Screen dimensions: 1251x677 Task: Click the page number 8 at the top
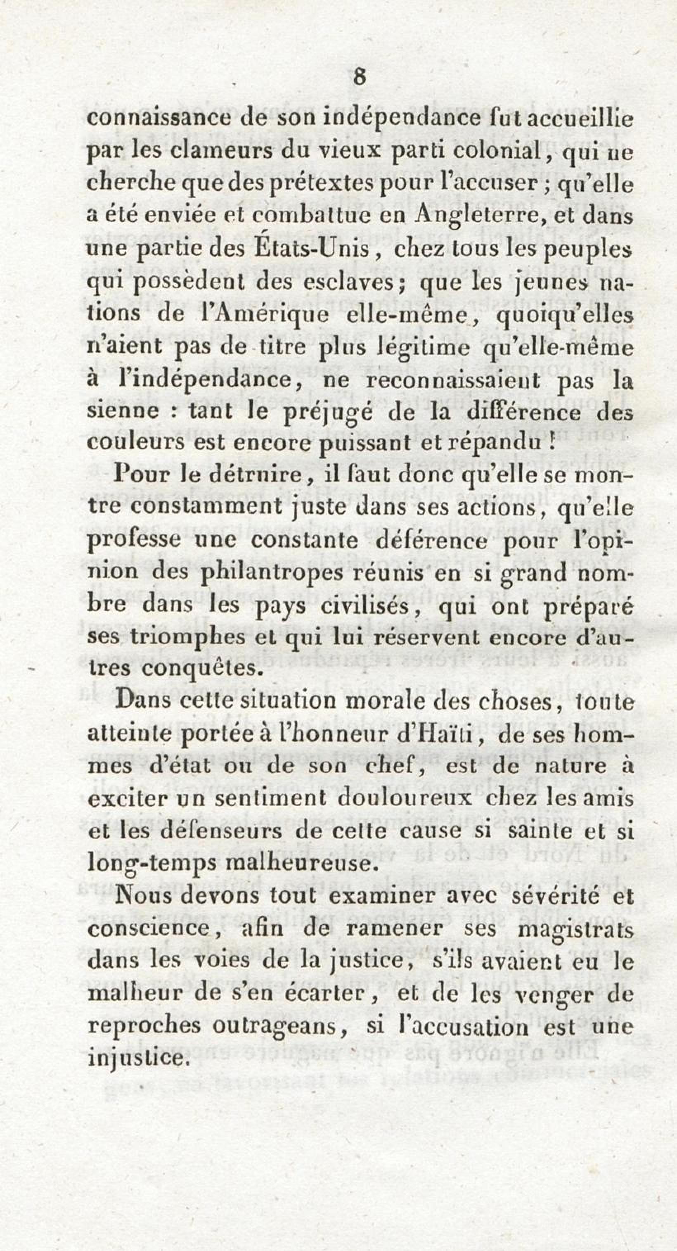click(x=359, y=78)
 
